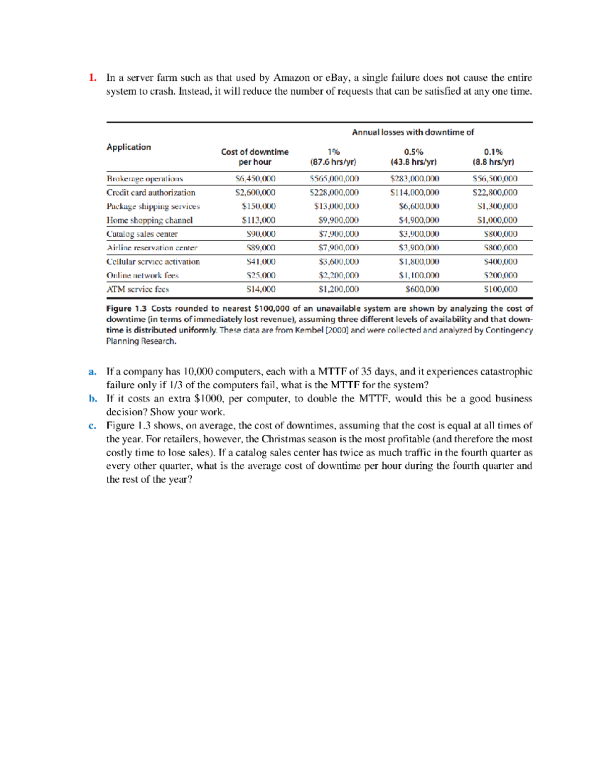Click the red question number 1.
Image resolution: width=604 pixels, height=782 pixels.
(92, 78)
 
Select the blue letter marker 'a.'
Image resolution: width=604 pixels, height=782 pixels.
(92, 372)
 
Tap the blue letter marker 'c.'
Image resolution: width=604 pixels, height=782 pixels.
(92, 425)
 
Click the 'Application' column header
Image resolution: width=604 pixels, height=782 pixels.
(128, 147)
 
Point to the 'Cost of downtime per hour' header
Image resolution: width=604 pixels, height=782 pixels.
(255, 157)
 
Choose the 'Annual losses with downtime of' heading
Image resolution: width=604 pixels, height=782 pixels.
(413, 132)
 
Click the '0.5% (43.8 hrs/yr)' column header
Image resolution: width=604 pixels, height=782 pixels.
(413, 157)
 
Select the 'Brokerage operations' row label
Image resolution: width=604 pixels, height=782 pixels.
(144, 179)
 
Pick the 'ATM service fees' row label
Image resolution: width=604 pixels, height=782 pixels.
(137, 289)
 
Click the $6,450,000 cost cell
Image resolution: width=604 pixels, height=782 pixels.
(255, 179)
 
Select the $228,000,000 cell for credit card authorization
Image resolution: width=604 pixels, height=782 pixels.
(334, 192)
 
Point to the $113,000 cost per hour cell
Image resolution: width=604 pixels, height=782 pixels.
(258, 220)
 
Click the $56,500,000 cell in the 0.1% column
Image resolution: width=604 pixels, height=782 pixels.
(495, 179)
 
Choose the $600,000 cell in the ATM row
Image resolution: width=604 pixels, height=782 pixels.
(422, 289)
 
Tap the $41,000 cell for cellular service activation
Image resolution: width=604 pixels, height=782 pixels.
(261, 261)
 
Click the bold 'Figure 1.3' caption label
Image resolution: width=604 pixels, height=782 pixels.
(126, 308)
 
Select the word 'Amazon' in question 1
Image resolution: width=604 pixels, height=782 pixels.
(291, 78)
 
